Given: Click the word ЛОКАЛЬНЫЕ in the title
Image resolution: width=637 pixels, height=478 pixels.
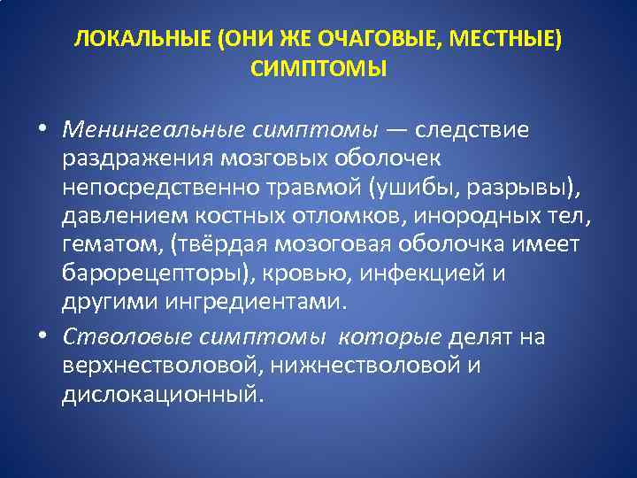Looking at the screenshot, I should coord(127,40).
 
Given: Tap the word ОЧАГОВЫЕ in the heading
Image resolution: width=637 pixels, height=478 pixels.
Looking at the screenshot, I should coord(365,40).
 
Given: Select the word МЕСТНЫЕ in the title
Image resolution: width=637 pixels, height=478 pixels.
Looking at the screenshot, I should coord(502,40).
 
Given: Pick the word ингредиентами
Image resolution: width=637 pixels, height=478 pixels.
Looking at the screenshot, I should coord(243,302).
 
